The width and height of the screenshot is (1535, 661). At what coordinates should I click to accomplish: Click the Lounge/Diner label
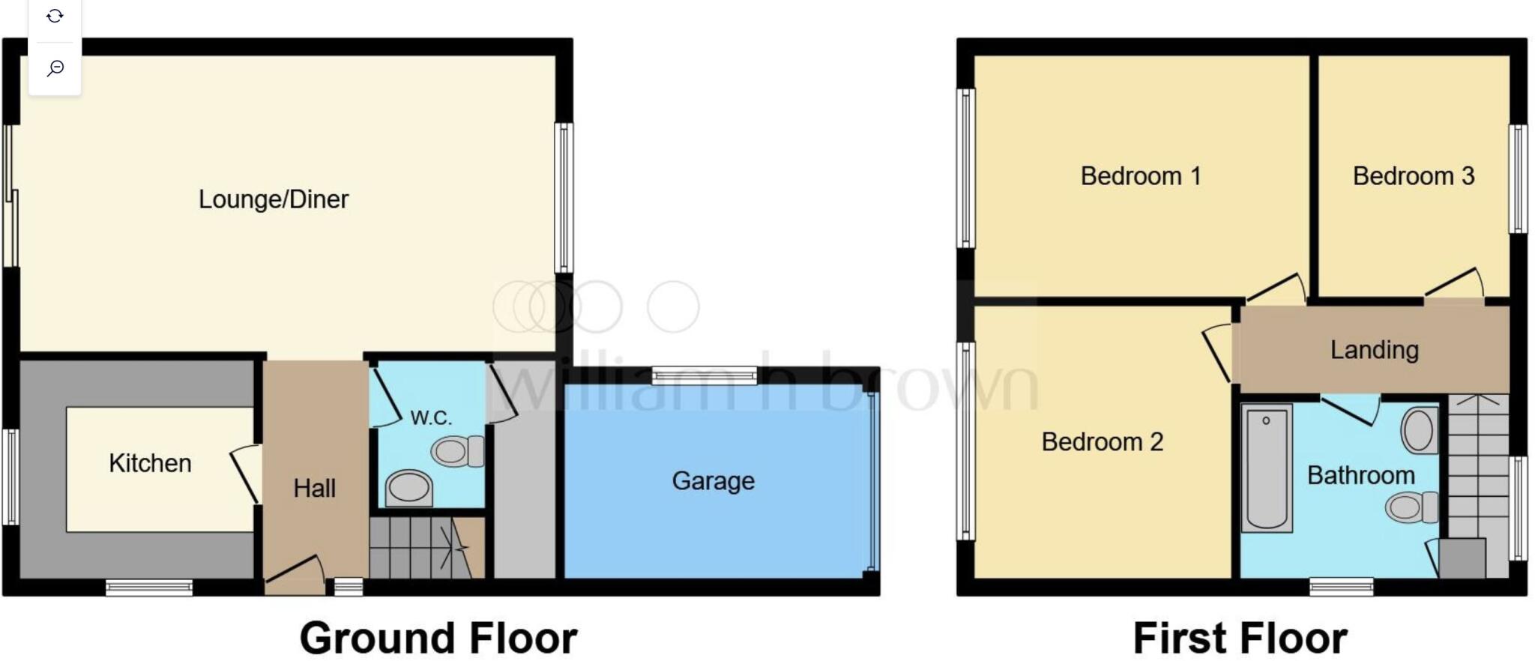(x=274, y=199)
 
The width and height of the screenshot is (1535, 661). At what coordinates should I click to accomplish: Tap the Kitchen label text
(x=150, y=463)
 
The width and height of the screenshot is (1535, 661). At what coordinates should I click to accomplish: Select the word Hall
(x=314, y=489)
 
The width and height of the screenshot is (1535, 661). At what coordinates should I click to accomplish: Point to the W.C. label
(x=431, y=417)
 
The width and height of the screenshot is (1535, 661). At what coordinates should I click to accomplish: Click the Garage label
(x=713, y=480)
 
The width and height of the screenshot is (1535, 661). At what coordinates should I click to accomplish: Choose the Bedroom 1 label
(x=1140, y=176)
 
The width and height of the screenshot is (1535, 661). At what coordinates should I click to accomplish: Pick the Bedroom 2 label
(x=1102, y=441)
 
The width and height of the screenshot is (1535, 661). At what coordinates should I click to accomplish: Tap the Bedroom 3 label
(x=1413, y=176)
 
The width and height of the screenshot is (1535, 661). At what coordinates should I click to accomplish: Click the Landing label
(x=1374, y=350)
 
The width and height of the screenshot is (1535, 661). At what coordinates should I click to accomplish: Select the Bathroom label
(x=1360, y=475)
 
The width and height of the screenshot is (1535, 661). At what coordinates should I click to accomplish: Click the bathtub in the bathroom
(x=1266, y=468)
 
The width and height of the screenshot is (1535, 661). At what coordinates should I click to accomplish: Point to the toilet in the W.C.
(x=458, y=451)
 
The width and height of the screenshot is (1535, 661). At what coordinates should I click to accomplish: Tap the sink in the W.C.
(x=408, y=489)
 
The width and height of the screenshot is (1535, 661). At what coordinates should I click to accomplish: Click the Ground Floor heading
(x=438, y=638)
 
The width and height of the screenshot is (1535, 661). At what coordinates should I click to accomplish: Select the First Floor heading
(x=1240, y=638)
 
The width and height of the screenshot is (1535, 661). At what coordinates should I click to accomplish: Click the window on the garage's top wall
(x=704, y=375)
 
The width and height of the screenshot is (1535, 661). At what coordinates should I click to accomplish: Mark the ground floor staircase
(x=420, y=549)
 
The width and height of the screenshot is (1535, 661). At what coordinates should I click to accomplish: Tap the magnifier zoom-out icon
(x=55, y=69)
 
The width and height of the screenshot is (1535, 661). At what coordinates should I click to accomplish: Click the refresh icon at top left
(x=55, y=16)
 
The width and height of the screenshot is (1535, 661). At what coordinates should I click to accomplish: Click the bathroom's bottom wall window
(x=1341, y=586)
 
